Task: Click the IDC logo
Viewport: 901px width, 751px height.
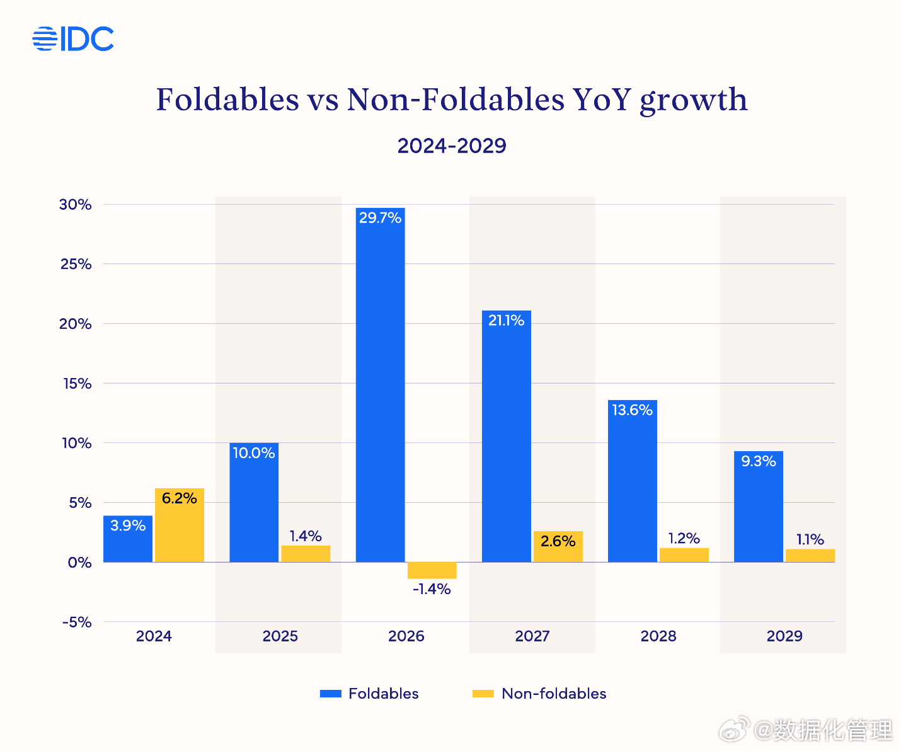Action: point(73,39)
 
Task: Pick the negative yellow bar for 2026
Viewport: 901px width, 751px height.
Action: point(432,570)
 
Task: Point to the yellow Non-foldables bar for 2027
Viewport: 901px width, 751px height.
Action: point(558,547)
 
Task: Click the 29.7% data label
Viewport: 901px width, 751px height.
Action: point(380,218)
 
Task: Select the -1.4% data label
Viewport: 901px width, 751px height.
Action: point(432,589)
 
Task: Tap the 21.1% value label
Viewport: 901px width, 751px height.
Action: point(506,321)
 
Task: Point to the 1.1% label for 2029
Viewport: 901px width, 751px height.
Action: point(810,539)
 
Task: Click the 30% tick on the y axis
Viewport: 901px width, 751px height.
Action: point(76,205)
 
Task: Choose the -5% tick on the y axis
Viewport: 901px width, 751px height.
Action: point(77,622)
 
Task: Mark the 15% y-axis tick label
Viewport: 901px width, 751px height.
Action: point(77,384)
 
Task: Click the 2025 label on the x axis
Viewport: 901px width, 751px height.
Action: point(280,636)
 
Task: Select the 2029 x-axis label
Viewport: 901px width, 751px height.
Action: point(784,636)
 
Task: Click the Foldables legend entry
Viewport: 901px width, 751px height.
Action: point(369,694)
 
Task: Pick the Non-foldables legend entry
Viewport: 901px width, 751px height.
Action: point(539,694)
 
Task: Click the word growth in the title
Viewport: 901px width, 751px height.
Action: point(694,101)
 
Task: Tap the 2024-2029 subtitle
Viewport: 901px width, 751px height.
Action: point(452,146)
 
